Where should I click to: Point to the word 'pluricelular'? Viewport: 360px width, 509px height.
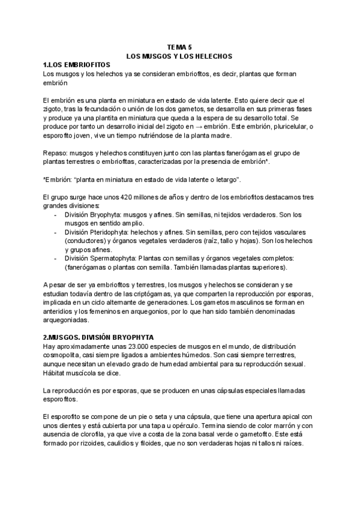(290, 127)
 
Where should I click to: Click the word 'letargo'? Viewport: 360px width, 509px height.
(227, 179)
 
